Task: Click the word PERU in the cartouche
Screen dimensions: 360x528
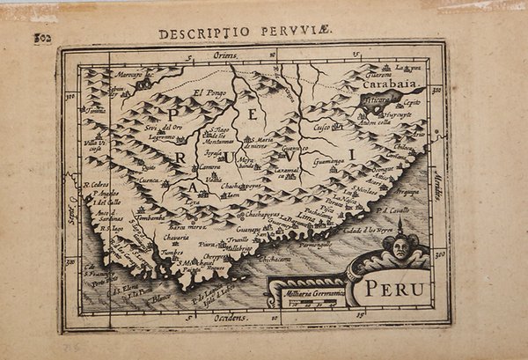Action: (x=395, y=288)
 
